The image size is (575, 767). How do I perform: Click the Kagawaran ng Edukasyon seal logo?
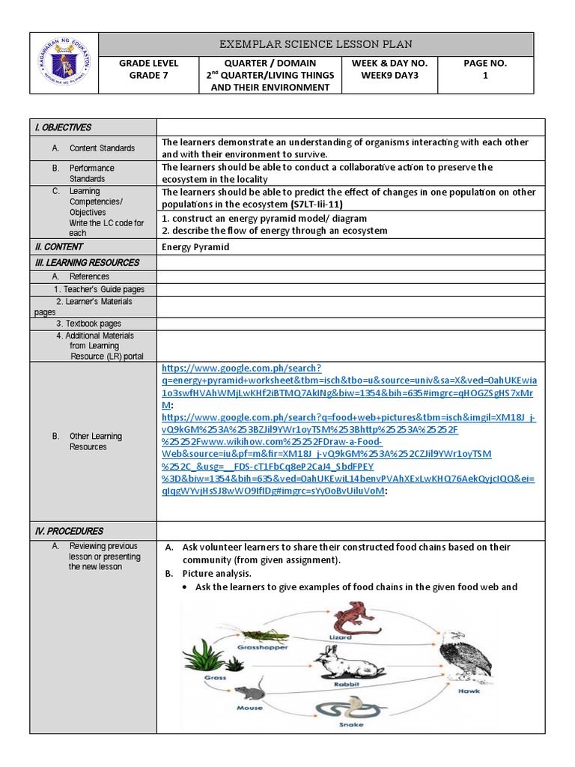64,64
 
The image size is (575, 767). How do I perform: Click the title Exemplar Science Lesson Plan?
315,44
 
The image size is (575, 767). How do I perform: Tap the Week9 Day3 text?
389,75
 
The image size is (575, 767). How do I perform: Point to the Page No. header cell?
484,64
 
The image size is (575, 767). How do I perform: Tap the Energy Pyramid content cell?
195,246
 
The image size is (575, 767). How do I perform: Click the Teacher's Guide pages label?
99,289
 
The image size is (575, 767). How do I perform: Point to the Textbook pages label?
88,324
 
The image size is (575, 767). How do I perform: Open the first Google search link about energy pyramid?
348,380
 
